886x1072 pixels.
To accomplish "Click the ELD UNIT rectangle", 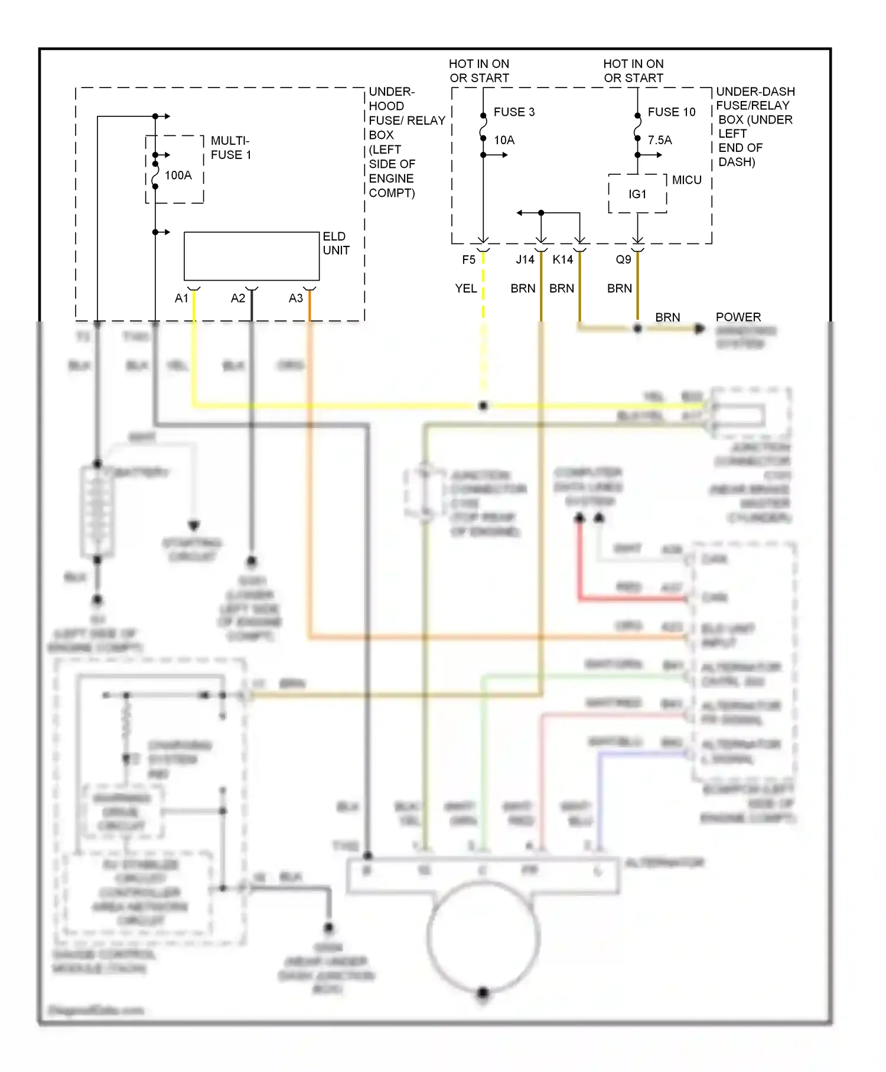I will (x=252, y=256).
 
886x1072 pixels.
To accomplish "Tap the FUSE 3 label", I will (x=514, y=112).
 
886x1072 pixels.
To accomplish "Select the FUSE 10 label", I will (x=671, y=112).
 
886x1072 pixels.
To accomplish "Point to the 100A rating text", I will (x=178, y=175).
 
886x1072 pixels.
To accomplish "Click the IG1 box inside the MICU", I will (x=637, y=194).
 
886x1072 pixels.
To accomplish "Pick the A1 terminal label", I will (x=181, y=298).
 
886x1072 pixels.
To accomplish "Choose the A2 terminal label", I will (x=237, y=298).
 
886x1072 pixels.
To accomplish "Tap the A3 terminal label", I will (x=295, y=298).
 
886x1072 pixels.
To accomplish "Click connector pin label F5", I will (x=468, y=259).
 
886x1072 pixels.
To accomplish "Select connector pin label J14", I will (x=525, y=259).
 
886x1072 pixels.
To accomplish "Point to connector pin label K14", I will (x=562, y=259).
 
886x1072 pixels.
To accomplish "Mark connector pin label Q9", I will (x=623, y=259).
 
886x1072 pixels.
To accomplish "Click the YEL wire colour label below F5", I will (x=465, y=288).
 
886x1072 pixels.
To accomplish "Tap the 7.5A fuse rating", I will (x=660, y=140).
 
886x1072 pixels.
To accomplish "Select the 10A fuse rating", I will (x=504, y=140).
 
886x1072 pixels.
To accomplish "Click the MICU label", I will (x=686, y=180).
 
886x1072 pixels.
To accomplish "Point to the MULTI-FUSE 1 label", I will (x=231, y=148).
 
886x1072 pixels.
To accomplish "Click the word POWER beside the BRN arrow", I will (x=738, y=317).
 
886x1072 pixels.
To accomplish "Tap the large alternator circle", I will (x=483, y=936).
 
